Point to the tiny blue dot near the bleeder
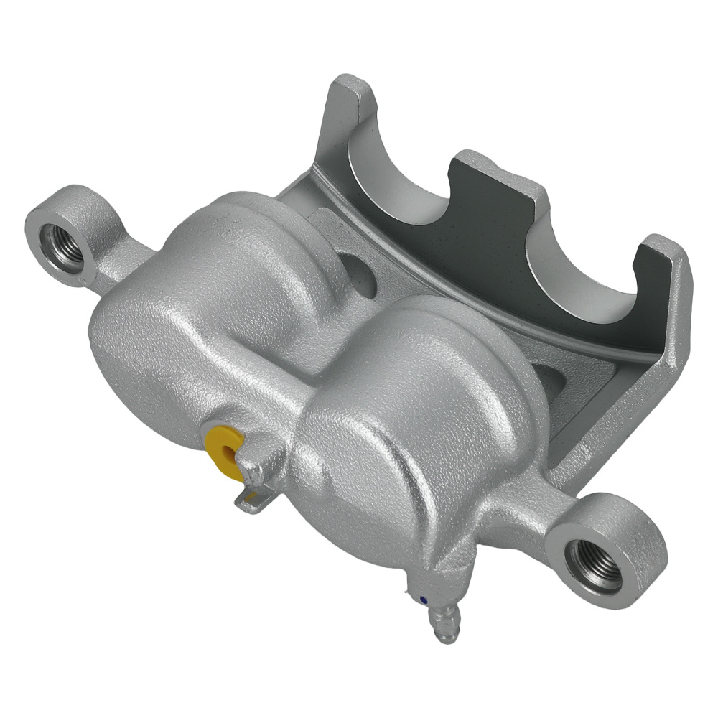click(423, 598)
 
